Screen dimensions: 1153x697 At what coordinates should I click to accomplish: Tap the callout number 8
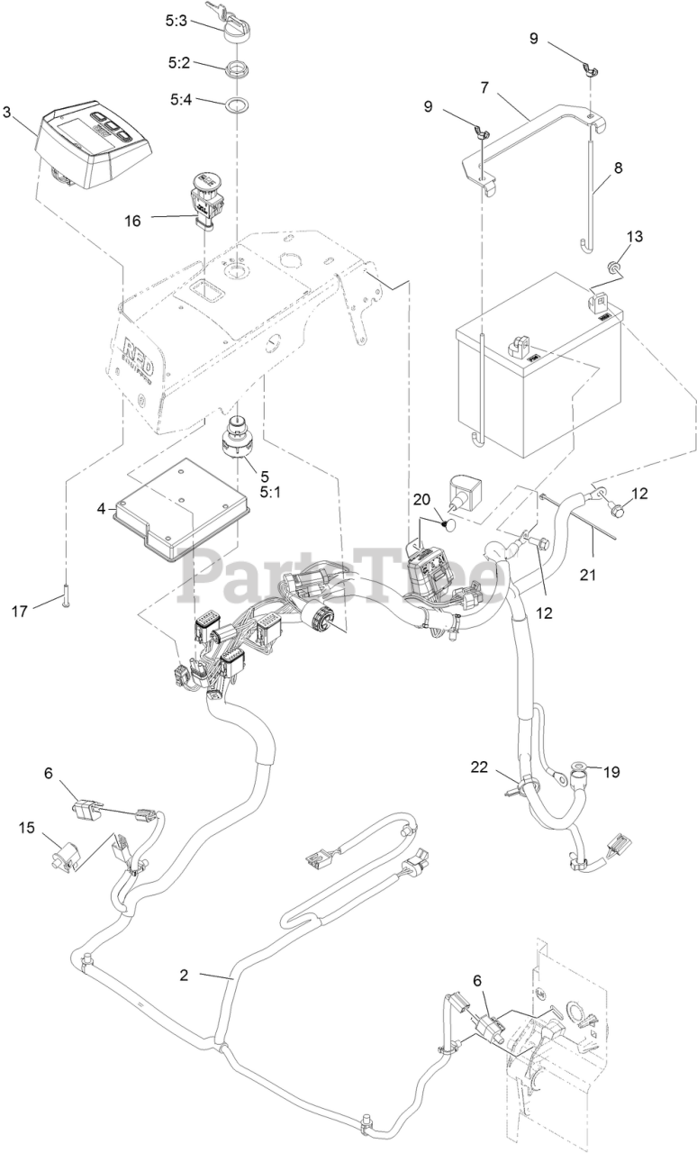pyautogui.click(x=618, y=168)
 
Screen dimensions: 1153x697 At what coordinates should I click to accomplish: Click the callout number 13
pyautogui.click(x=636, y=237)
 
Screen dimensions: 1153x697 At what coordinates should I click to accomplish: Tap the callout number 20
pyautogui.click(x=422, y=500)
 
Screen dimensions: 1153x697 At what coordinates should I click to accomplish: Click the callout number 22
pyautogui.click(x=480, y=767)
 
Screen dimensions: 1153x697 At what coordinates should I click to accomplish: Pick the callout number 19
pyautogui.click(x=612, y=772)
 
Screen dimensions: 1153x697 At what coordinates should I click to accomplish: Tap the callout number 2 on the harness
pyautogui.click(x=184, y=975)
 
